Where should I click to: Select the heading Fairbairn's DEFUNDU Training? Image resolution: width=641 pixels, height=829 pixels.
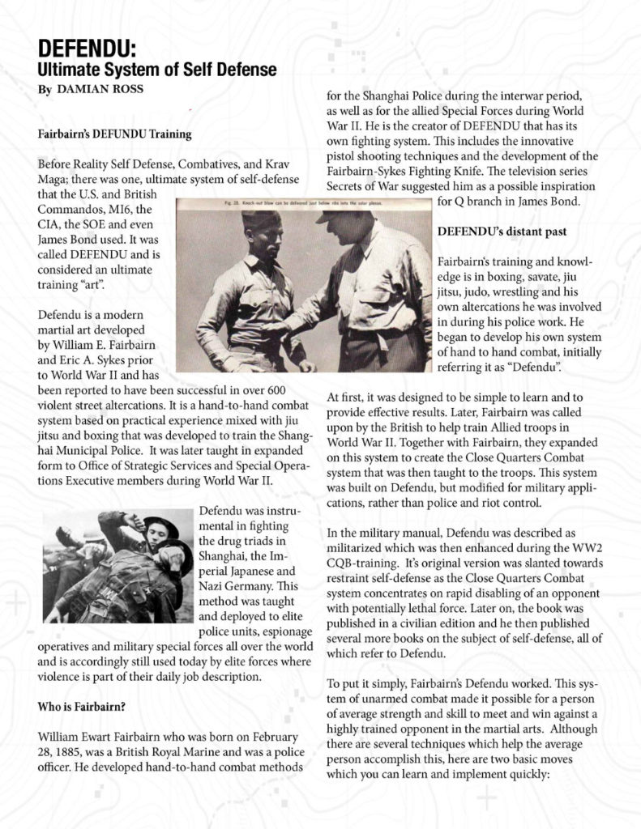114,134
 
